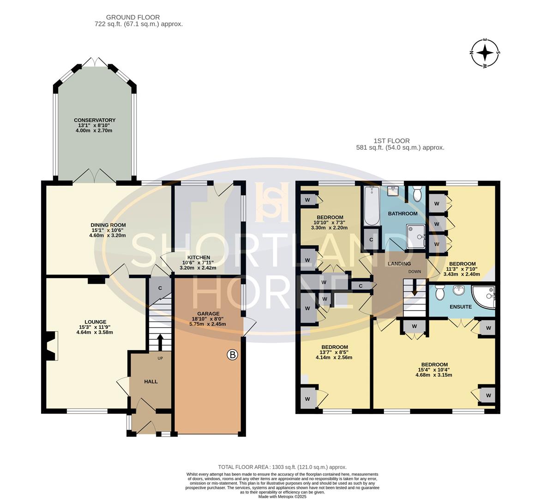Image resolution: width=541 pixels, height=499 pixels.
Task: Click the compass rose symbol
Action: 485,54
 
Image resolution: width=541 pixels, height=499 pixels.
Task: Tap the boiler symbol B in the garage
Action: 233,355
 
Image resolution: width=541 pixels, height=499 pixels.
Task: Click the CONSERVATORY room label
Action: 95,120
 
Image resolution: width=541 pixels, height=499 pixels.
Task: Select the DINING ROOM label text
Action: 108,225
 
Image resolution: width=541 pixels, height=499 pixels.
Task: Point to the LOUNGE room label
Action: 96,322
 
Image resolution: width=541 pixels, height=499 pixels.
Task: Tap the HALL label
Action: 151,382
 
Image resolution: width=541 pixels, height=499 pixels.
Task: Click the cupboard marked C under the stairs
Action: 160,288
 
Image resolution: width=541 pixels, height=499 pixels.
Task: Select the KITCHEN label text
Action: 198,258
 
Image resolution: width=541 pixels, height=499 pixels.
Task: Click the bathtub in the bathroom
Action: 371,206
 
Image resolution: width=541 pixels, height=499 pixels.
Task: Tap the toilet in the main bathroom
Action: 417,194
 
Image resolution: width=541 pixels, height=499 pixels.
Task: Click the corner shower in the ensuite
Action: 485,297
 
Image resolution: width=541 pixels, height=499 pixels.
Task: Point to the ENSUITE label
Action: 461,307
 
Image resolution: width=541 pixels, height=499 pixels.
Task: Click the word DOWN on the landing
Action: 415,272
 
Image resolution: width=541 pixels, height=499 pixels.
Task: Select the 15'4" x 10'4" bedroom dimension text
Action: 434,370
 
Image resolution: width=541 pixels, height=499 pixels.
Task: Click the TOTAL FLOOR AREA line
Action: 282,467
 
